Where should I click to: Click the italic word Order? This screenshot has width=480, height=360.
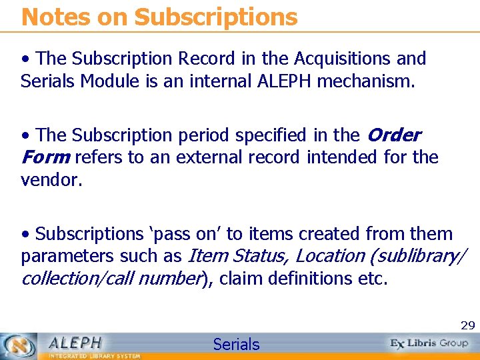[x=393, y=135]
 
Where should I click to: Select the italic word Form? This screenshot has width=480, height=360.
[x=45, y=157]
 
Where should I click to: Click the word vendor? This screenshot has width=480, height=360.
[x=51, y=179]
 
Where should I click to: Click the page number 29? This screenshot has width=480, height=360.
[x=468, y=325]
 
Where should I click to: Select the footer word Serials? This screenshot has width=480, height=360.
[x=236, y=344]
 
